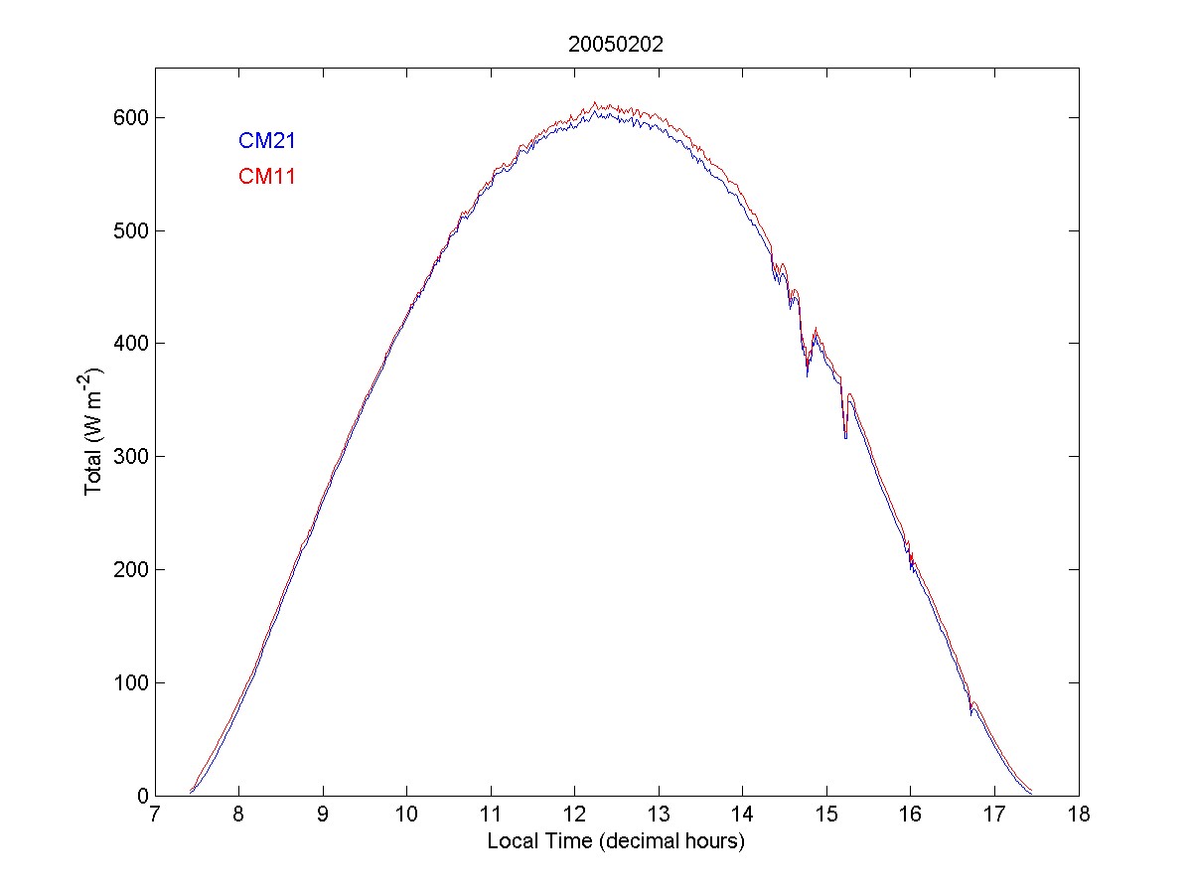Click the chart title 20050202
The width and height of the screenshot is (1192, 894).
point(616,45)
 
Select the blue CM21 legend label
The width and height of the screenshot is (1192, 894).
point(266,141)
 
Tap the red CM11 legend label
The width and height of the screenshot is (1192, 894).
point(266,177)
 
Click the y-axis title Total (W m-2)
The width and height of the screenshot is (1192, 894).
point(95,429)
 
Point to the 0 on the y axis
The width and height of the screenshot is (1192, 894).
point(141,796)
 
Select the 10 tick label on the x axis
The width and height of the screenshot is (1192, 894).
point(406,816)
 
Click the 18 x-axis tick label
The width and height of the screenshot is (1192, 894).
point(1079,816)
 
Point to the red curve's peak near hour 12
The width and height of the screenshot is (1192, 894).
point(595,102)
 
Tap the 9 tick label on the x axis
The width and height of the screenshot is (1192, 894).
point(323,816)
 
